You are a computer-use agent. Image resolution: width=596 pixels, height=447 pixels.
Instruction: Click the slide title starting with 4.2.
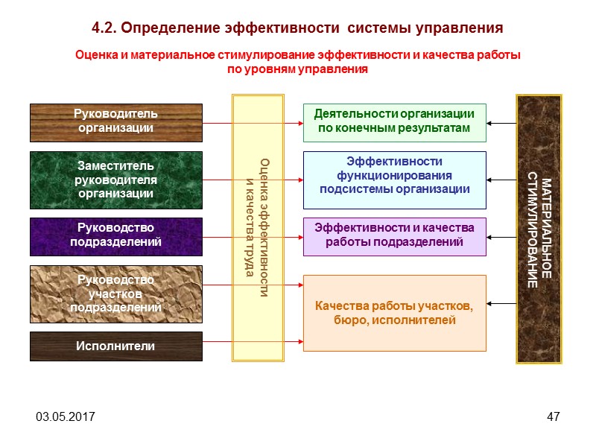pos(298,28)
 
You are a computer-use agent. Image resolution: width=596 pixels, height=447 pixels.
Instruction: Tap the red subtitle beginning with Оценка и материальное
pos(297,63)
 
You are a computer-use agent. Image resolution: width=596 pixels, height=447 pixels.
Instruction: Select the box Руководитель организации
pos(115,121)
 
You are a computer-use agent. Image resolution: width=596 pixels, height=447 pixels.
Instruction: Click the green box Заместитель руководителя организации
pos(115,180)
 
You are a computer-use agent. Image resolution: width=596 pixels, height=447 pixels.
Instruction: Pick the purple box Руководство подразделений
pos(115,235)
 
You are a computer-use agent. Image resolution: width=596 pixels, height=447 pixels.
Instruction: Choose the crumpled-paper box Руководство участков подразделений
pos(115,294)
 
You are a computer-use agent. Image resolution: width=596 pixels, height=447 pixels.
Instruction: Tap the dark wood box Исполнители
pos(115,346)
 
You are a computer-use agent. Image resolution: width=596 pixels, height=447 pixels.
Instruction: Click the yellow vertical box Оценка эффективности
pos(258,228)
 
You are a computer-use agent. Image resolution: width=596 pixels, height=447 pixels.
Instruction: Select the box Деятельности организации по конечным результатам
pos(394,121)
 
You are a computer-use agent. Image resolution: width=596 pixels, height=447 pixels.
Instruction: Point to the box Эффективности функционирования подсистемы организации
pos(394,179)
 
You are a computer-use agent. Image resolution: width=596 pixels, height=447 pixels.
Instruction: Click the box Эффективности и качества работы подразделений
pos(394,235)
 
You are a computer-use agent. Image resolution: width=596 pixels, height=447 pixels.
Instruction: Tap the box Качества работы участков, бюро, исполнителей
pos(394,313)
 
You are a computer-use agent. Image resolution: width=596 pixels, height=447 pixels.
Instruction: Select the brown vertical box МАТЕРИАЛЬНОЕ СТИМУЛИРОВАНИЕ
pos(539,228)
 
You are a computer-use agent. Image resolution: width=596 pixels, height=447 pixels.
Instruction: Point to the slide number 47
pos(553,416)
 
